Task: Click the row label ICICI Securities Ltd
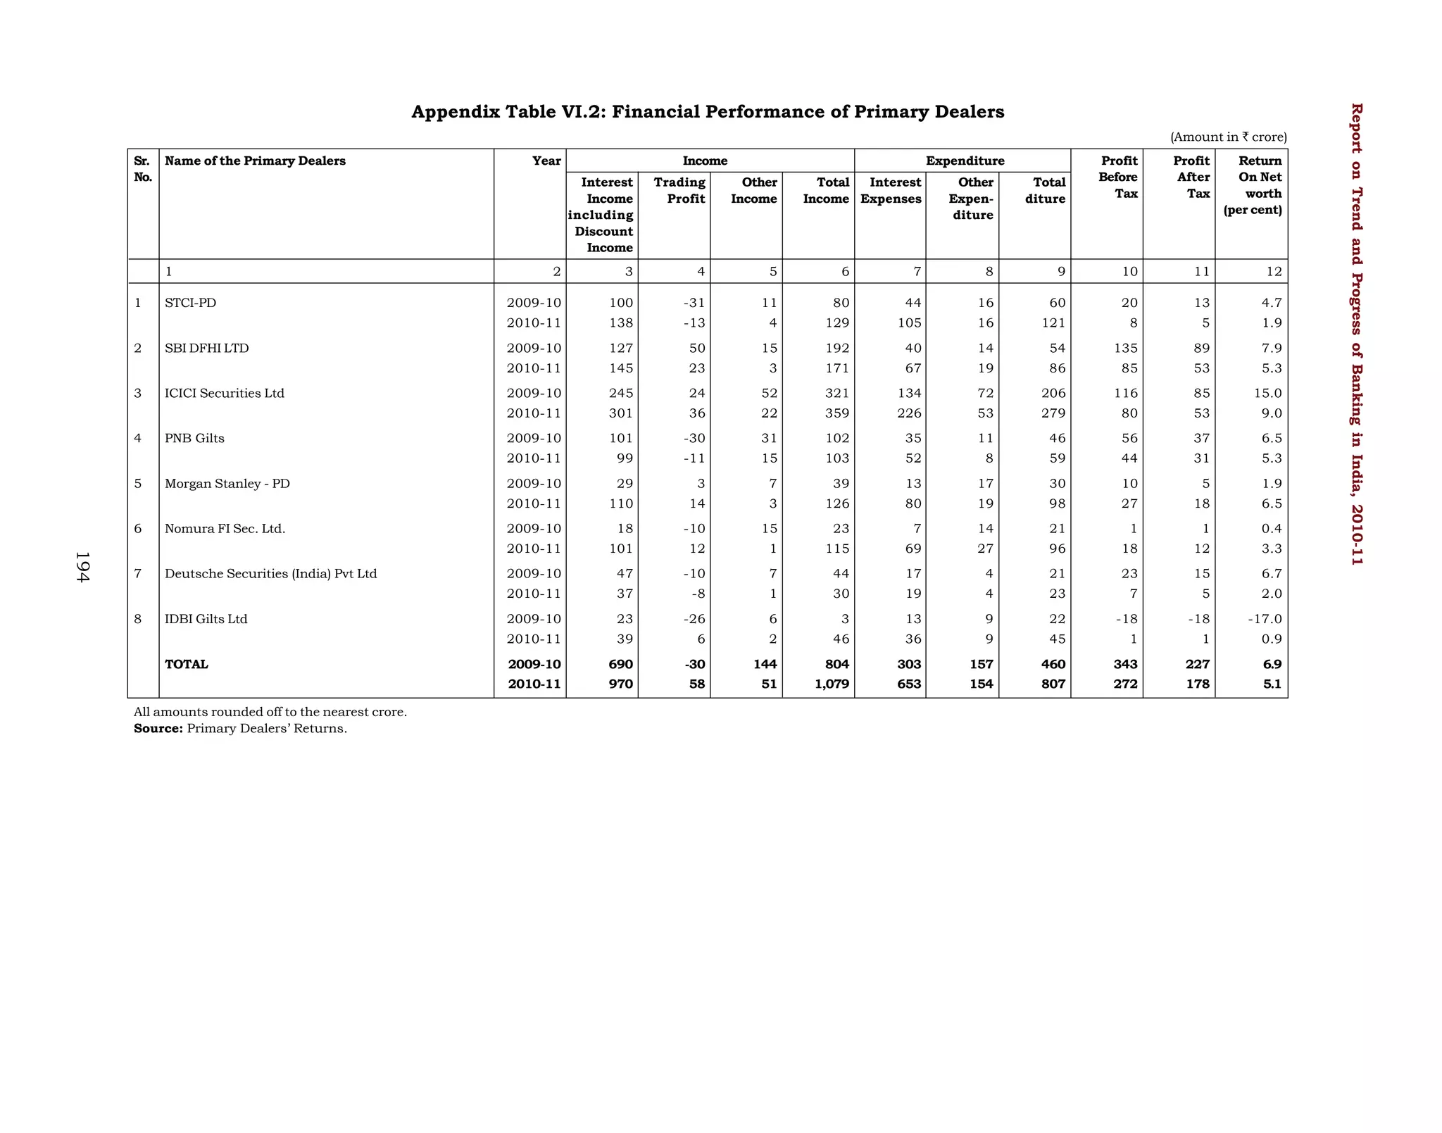pos(225,393)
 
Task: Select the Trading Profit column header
pos(679,190)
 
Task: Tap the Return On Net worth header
pos(1253,185)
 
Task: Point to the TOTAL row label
pos(187,664)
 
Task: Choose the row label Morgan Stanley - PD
pos(227,484)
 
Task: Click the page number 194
pos(82,567)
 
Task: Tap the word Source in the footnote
pos(158,728)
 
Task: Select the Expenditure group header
pos(965,161)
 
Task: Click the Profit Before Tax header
pos(1118,177)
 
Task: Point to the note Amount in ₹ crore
pos(1228,137)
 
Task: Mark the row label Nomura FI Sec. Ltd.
pos(225,529)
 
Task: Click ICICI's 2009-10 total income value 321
pos(837,393)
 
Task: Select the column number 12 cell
pos(1274,272)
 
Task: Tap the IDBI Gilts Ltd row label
pos(206,619)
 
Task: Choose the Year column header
pos(546,161)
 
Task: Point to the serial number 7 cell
pos(138,574)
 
